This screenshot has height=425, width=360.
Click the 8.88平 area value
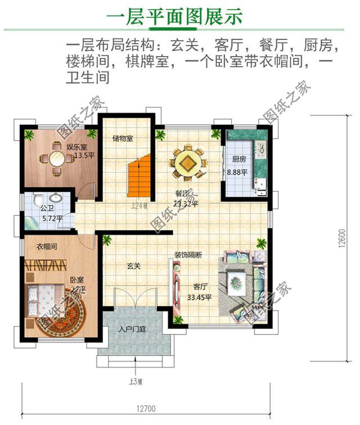click(237, 172)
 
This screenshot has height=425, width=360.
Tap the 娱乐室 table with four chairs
click(56, 159)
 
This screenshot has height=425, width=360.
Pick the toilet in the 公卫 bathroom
click(38, 200)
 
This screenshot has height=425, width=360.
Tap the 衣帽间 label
click(48, 246)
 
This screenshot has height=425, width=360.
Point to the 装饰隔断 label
click(188, 255)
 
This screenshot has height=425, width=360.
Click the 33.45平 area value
click(199, 297)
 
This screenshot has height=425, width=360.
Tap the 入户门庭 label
click(132, 329)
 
